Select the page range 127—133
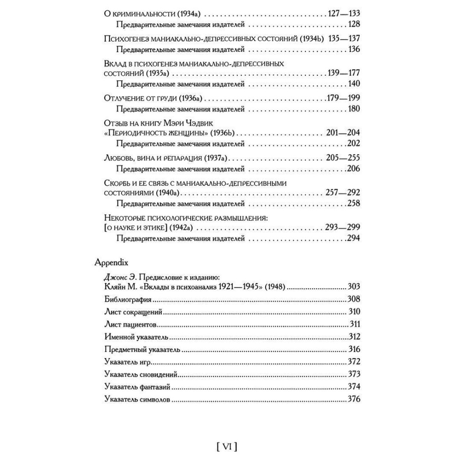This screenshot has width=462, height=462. (343, 12)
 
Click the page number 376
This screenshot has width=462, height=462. (353, 399)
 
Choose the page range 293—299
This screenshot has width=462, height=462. (342, 227)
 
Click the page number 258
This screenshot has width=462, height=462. (353, 203)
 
